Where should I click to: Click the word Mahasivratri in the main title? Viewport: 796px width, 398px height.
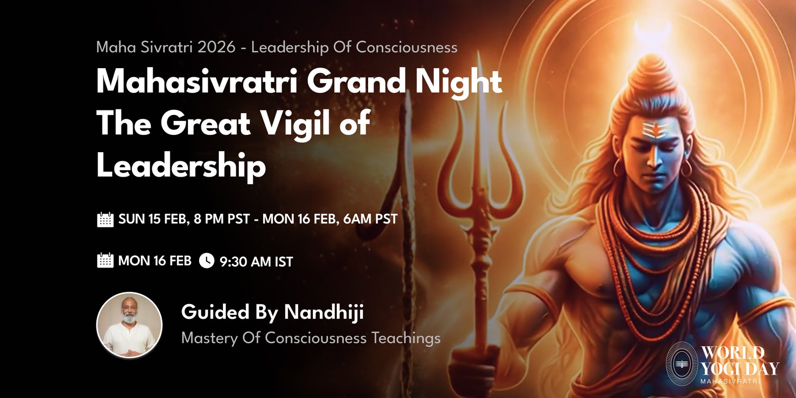197,82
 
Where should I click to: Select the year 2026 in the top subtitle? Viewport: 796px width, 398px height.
216,47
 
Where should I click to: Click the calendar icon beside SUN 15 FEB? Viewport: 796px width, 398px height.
105,219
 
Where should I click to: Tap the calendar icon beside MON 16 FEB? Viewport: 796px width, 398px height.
105,260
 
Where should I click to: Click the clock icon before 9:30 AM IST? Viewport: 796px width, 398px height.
206,261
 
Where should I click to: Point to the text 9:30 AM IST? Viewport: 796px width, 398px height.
256,262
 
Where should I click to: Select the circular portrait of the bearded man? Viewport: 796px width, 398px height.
129,325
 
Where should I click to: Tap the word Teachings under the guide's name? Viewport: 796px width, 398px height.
406,338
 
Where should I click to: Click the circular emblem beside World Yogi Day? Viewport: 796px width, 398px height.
682,364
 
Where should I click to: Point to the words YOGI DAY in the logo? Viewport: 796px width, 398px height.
740,368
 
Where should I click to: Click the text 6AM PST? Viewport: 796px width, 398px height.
370,219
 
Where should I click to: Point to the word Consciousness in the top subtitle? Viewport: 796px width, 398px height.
406,47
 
